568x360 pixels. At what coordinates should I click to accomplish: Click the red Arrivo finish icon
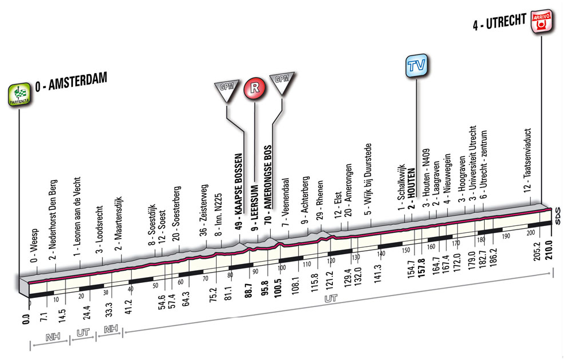click(x=540, y=23)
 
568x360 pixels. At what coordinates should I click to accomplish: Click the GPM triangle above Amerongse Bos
click(x=282, y=82)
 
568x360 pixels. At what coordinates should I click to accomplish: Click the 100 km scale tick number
click(x=282, y=267)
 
